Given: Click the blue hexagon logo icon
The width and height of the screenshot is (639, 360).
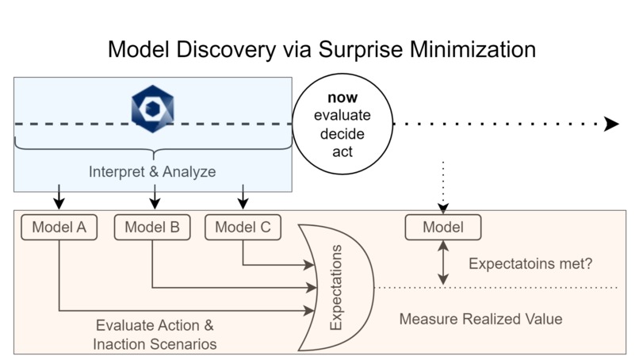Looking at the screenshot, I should click(x=152, y=108).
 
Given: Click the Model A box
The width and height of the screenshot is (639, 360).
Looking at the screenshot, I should click(x=59, y=228).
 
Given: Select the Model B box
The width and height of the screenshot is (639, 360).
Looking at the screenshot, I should click(x=152, y=228).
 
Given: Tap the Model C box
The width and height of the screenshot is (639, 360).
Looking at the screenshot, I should click(x=243, y=228).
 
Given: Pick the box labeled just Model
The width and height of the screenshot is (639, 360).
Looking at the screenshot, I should click(x=442, y=228).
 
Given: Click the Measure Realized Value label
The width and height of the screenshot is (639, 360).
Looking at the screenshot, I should click(x=480, y=319).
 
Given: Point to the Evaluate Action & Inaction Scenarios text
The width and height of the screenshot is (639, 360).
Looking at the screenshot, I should click(x=155, y=335).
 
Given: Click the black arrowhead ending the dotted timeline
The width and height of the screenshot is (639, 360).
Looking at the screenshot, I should click(x=611, y=124).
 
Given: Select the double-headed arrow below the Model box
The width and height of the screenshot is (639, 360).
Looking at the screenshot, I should click(x=442, y=262).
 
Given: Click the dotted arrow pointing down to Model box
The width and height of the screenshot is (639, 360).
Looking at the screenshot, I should click(x=442, y=186).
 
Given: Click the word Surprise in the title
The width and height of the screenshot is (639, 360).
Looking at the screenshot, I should click(x=365, y=49).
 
